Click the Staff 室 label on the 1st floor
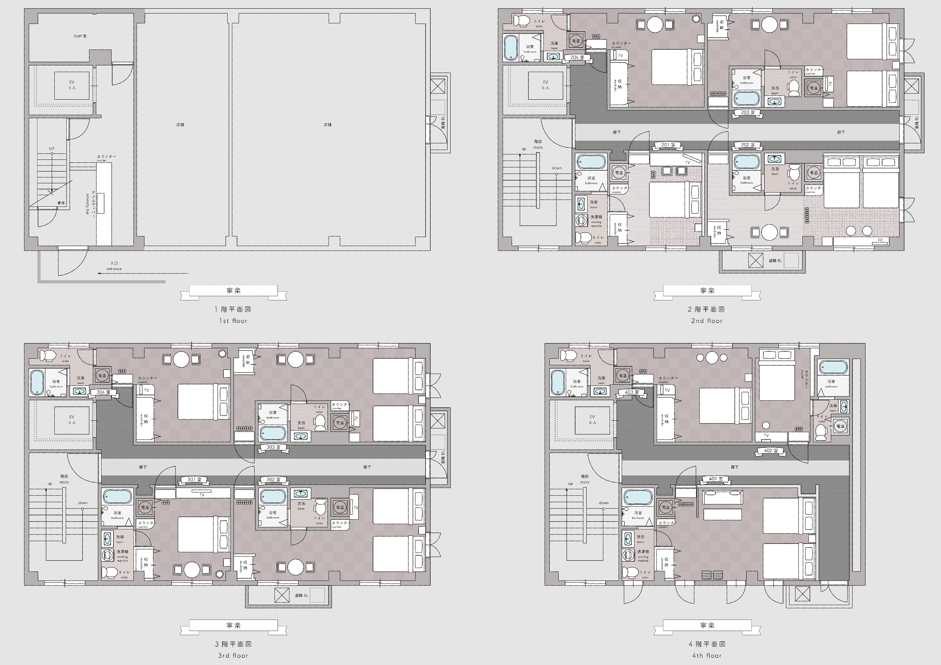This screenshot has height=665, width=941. click(x=80, y=36)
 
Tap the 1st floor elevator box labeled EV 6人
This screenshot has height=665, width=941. click(x=72, y=85)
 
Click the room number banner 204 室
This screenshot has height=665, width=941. click(x=577, y=57)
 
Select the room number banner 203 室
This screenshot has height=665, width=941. click(x=748, y=112)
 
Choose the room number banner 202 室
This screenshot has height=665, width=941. click(x=748, y=145)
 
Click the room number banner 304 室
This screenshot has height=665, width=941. click(x=103, y=392)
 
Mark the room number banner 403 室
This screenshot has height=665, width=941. click(x=631, y=392)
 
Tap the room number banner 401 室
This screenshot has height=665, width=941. click(x=716, y=479)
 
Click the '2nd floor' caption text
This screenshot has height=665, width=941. click(x=706, y=321)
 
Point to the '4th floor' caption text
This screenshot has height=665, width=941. click(x=706, y=656)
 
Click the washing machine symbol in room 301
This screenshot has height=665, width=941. click(x=107, y=555)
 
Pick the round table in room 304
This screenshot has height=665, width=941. click(x=181, y=359)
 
